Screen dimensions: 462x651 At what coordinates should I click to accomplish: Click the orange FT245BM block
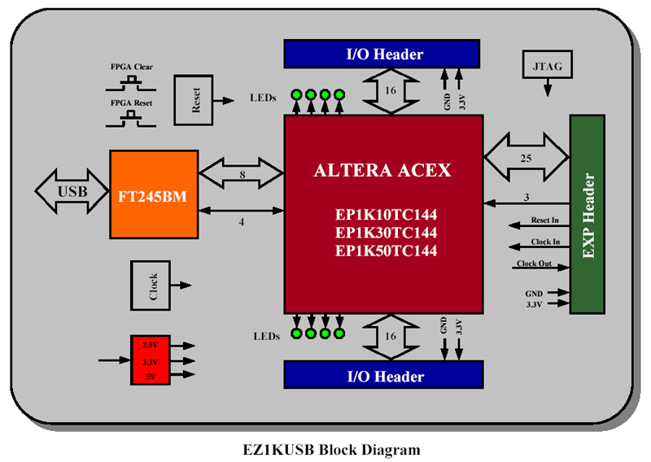tap(154, 194)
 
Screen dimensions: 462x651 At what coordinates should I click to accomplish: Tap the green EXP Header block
tap(587, 214)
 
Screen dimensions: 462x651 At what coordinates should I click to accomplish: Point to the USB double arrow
tap(72, 193)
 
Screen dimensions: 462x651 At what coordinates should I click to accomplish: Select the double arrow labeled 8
tap(240, 173)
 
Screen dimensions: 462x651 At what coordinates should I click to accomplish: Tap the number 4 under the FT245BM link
tap(241, 222)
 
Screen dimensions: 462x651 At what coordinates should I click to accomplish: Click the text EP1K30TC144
tap(386, 233)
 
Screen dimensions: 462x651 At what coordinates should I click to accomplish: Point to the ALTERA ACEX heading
tap(382, 171)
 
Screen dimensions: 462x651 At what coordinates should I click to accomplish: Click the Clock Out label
tap(533, 264)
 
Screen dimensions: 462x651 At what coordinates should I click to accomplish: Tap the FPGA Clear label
tap(132, 67)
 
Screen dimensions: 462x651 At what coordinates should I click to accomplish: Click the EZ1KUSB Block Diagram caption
tap(331, 449)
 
